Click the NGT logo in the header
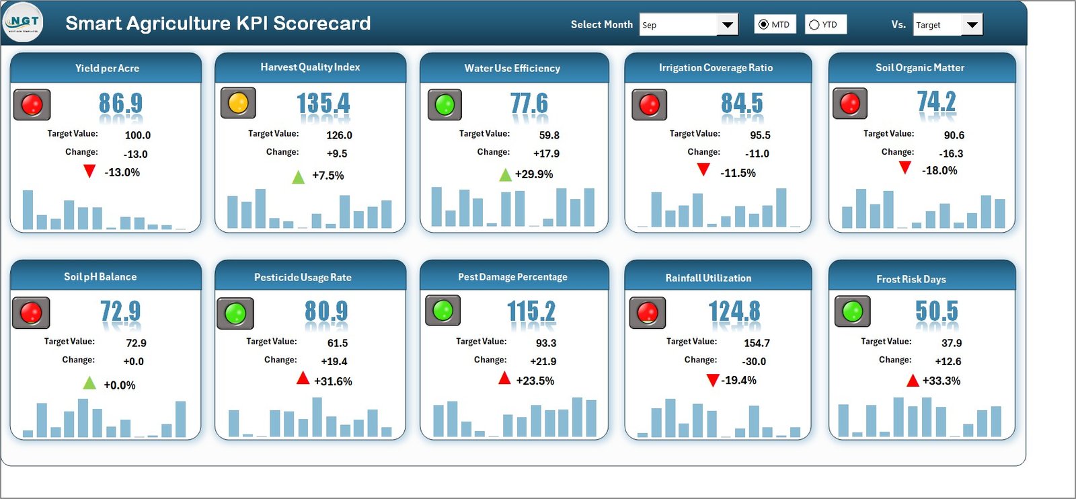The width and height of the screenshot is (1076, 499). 23,22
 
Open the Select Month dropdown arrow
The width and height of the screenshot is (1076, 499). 728,25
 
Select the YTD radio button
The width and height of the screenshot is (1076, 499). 814,25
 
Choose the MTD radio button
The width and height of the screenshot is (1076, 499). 763,25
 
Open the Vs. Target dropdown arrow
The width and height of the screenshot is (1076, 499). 972,25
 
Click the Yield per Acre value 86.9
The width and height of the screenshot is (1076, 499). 120,104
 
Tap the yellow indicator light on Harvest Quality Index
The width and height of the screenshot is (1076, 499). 238,104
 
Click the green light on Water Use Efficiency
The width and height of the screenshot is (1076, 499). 445,105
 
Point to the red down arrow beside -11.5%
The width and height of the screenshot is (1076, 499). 703,169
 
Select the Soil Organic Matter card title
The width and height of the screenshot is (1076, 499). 919,68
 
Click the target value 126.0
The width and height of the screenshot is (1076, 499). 339,135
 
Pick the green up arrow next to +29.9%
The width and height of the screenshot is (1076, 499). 505,176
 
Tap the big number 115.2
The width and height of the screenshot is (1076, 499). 531,311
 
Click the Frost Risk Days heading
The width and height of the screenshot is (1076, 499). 911,279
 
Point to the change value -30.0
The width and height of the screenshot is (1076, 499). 754,361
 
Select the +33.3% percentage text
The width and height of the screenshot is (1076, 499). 941,381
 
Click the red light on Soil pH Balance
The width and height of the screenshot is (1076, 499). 31,313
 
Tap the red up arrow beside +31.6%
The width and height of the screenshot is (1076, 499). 303,379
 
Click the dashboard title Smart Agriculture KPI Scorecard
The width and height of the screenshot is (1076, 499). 218,24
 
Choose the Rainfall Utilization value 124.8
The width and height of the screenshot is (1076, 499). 734,311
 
